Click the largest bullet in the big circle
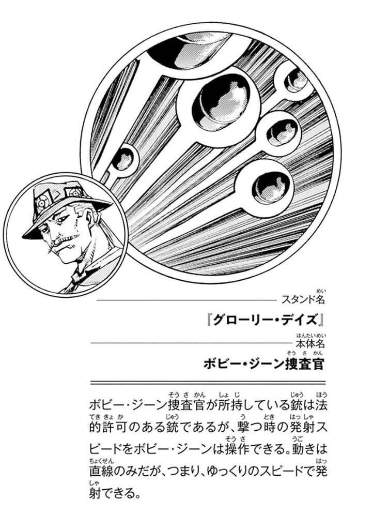click(x=222, y=105)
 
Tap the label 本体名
click(x=310, y=343)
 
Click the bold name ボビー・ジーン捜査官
click(x=263, y=364)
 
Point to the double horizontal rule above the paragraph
click(x=208, y=383)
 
